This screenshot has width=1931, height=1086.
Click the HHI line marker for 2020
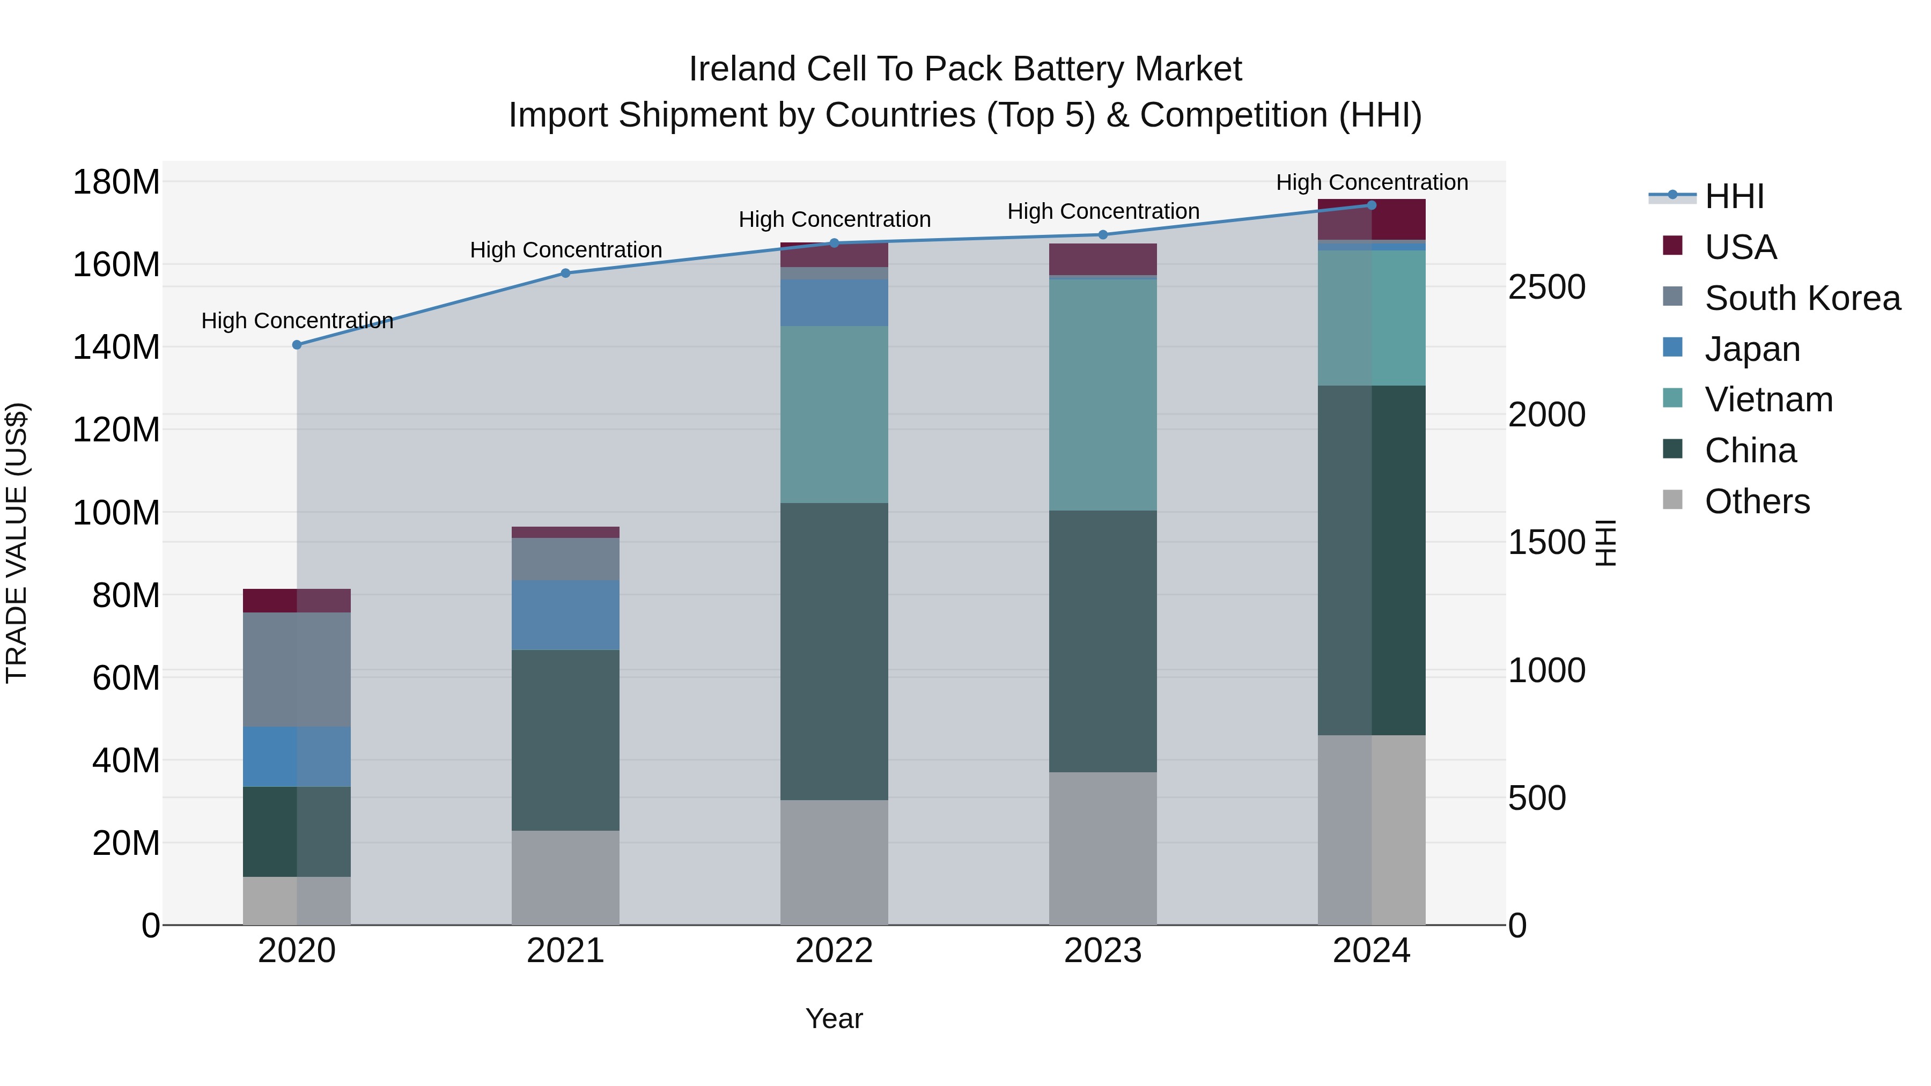pos(297,345)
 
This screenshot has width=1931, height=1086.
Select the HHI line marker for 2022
pos(834,243)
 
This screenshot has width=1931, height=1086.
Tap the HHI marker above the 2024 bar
pos(1372,205)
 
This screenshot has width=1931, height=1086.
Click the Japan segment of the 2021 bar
pos(565,615)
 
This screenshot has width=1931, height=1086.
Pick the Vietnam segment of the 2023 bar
pos(1103,394)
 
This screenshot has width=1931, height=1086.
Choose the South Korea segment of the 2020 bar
pos(297,669)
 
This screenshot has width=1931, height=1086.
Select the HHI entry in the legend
pos(1734,196)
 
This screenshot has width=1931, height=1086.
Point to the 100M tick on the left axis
pos(116,513)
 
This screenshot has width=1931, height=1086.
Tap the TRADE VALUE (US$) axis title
pos(17,543)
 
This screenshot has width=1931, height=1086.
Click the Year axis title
pos(834,1018)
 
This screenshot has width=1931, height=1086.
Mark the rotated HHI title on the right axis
pos(1605,543)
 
